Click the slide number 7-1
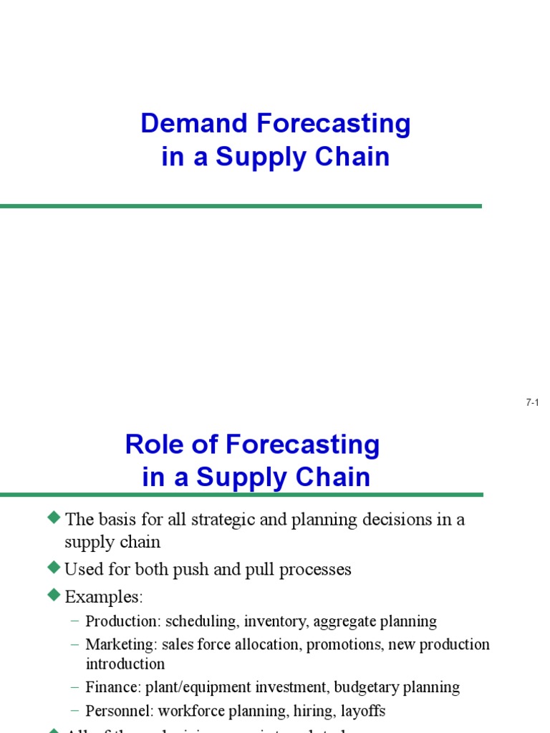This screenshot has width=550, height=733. click(x=531, y=403)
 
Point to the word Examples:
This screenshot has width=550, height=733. click(x=104, y=596)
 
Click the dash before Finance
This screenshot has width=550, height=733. click(x=75, y=688)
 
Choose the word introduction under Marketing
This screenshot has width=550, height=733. click(x=125, y=664)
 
